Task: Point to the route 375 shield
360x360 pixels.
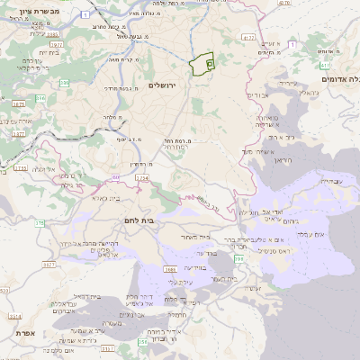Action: click(x=39, y=224)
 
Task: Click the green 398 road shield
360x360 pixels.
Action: click(x=237, y=259)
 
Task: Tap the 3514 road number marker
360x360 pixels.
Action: click(x=14, y=317)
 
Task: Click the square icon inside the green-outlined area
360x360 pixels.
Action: click(x=209, y=64)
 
